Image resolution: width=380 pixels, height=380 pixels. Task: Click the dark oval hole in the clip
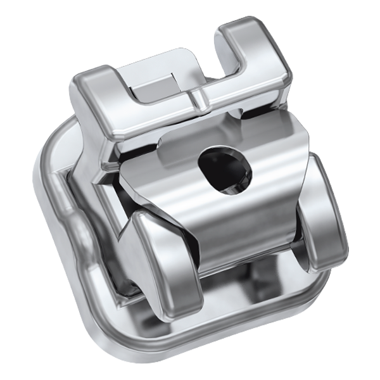(223, 168)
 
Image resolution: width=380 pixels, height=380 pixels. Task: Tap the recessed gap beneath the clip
(253, 279)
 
